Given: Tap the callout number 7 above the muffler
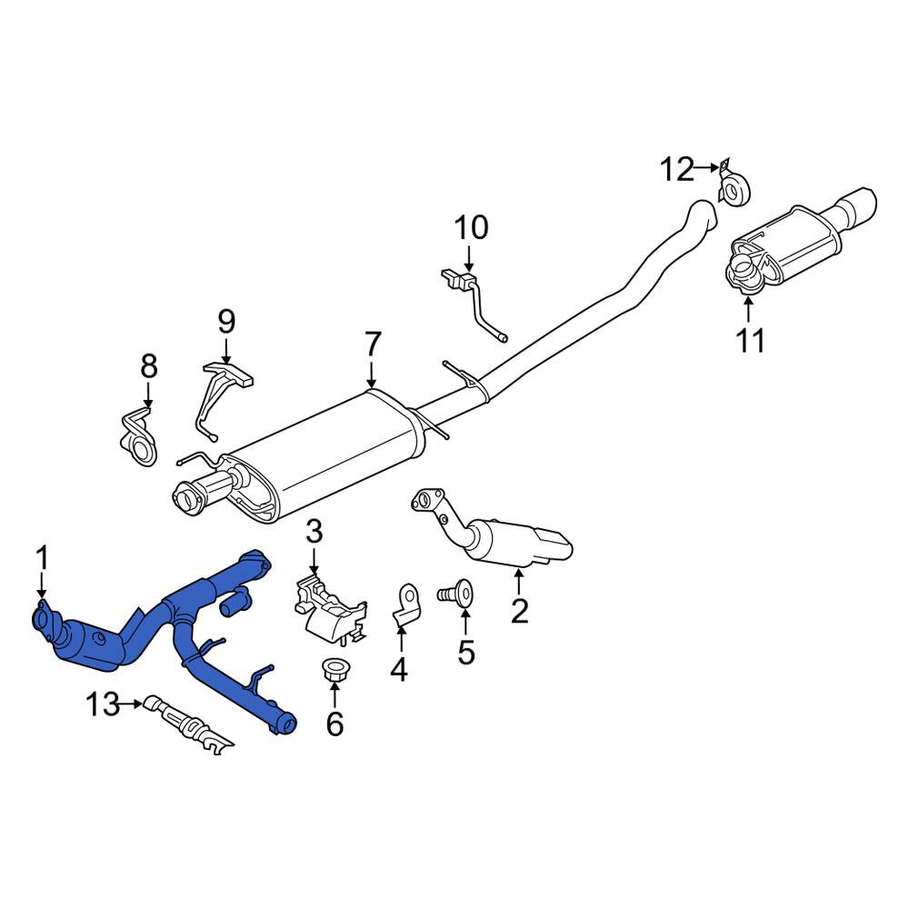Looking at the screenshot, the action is [x=372, y=345].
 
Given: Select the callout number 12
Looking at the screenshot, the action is [x=676, y=170].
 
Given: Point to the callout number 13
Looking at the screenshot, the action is [x=102, y=705].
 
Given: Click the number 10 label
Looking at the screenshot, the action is [x=471, y=227].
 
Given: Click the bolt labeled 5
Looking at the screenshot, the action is [x=454, y=593].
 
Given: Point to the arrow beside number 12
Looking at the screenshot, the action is [x=706, y=168].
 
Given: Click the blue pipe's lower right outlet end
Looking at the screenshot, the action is [x=287, y=724].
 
